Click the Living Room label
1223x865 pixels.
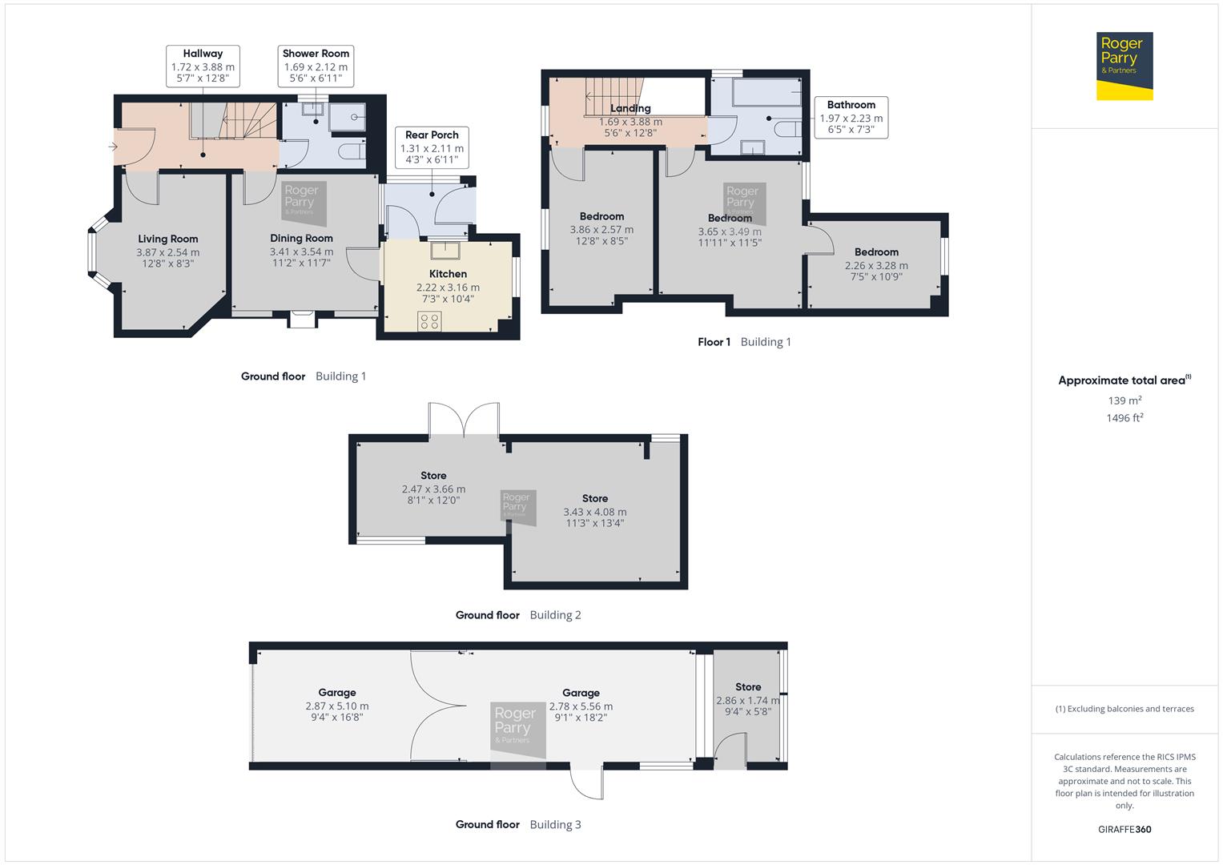167,239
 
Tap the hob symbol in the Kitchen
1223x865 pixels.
429,321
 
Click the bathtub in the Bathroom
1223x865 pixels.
766,93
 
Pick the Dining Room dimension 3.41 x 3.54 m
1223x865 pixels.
301,251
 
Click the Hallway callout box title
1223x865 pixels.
203,54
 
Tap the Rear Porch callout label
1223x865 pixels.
432,135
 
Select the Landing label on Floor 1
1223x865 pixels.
630,108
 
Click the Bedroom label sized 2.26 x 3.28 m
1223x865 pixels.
876,251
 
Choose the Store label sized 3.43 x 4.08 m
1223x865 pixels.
594,498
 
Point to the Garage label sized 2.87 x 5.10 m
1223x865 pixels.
336,693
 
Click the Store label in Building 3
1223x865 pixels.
748,687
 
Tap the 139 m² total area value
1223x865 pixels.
1124,400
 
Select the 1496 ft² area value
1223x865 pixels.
1124,418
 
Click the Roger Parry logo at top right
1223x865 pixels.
1124,66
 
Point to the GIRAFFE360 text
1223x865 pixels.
1124,829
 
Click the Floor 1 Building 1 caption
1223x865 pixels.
744,342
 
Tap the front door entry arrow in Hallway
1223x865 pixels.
113,147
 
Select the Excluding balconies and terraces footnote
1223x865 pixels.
1124,709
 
